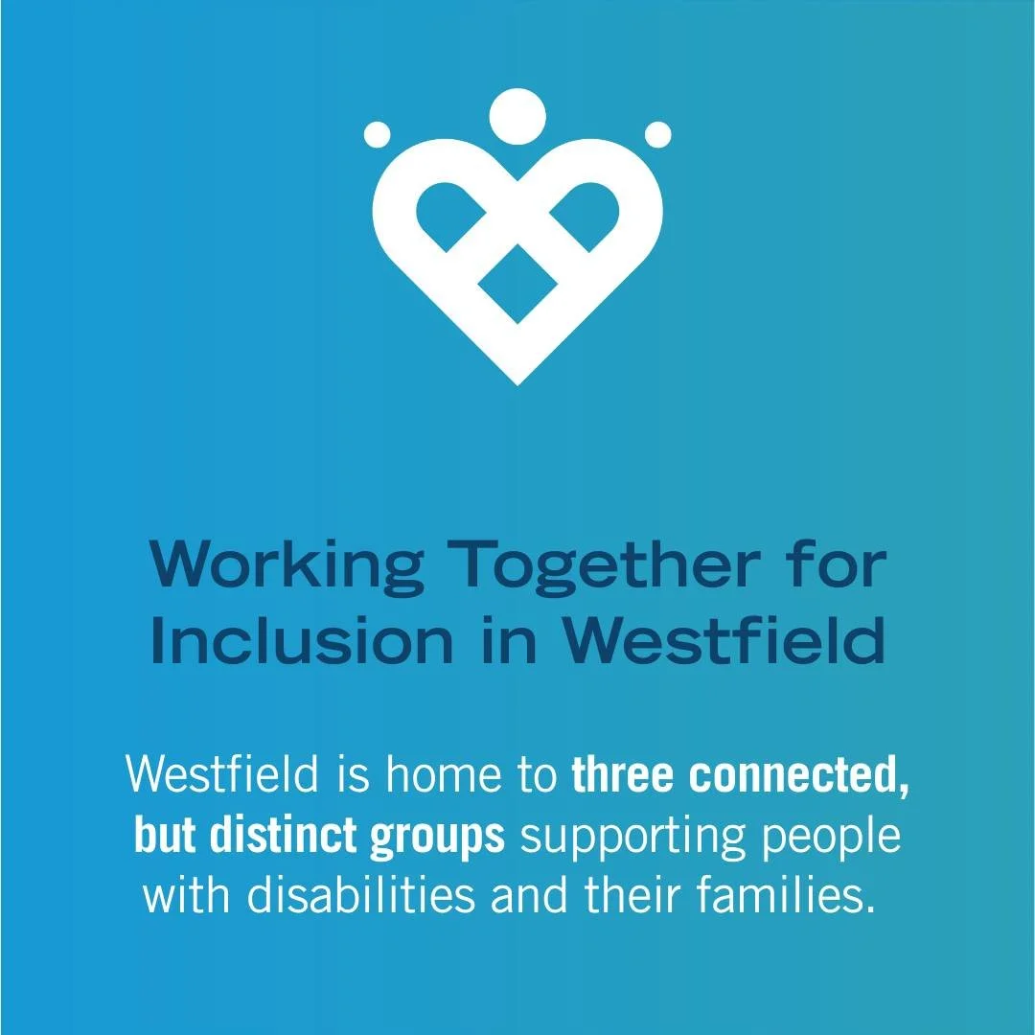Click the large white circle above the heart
pyautogui.click(x=517, y=116)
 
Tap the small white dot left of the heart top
pyautogui.click(x=378, y=134)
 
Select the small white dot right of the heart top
pyautogui.click(x=657, y=134)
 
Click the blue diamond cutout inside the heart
pyautogui.click(x=517, y=283)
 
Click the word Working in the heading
pyautogui.click(x=286, y=566)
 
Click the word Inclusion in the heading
pyautogui.click(x=301, y=643)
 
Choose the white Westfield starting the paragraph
pyautogui.click(x=222, y=775)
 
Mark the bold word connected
pyautogui.click(x=798, y=777)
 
